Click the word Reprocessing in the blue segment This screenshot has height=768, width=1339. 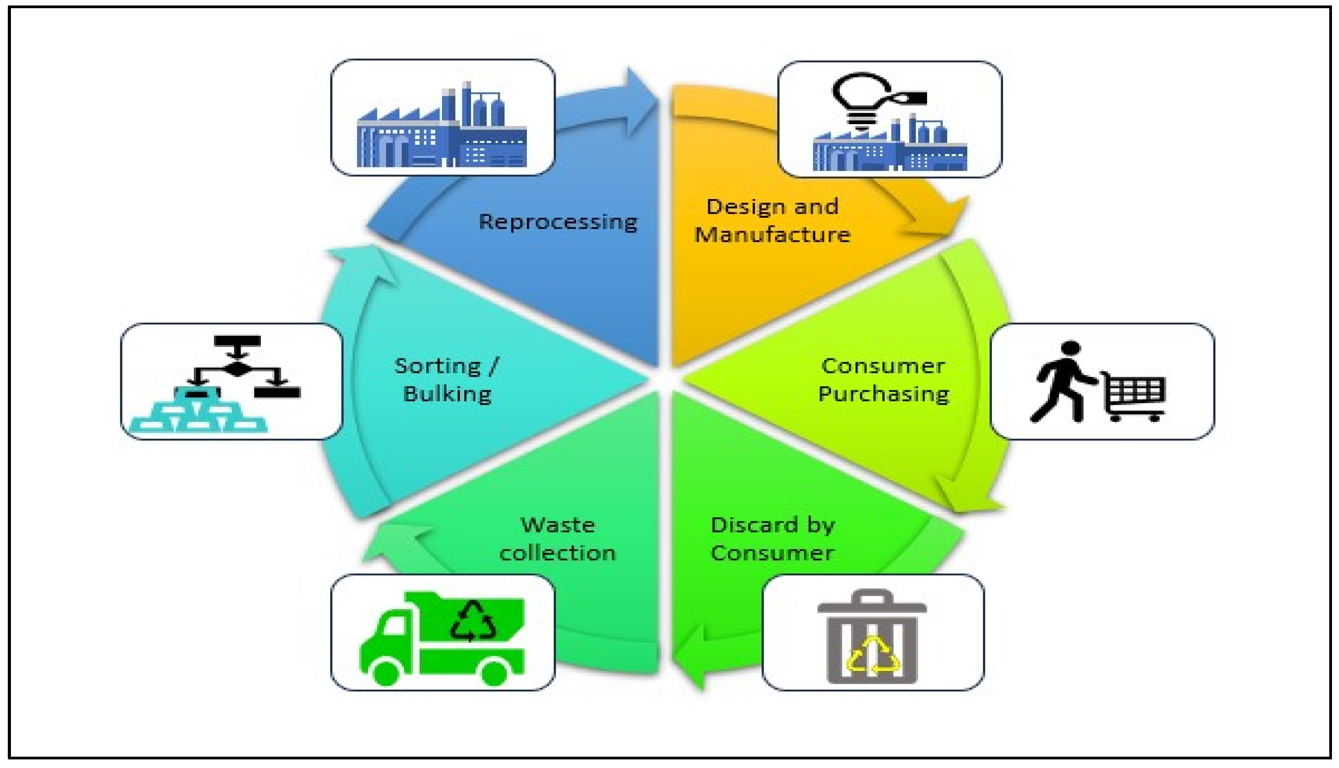click(x=558, y=222)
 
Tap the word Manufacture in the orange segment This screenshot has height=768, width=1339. click(x=772, y=235)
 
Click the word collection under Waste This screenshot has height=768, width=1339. click(x=557, y=553)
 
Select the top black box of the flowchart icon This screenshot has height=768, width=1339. click(x=237, y=341)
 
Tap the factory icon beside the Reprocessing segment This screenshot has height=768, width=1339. click(x=442, y=129)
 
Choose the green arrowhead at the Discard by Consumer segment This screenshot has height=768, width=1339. click(x=691, y=657)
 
